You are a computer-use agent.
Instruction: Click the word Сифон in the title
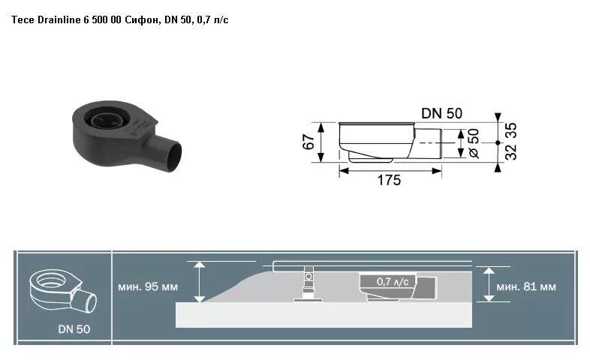point(139,18)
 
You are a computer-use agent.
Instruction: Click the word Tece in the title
point(21,18)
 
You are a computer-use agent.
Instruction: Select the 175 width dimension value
point(389,180)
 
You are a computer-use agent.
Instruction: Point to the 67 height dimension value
point(309,142)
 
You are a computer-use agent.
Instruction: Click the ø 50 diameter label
point(473,142)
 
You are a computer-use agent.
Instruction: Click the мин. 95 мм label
point(149,286)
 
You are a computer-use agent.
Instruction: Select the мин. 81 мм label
point(527,286)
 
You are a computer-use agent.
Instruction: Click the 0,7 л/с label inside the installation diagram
point(393,281)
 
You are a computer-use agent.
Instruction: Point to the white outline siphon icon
point(62,290)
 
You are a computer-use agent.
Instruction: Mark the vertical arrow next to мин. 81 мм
point(489,283)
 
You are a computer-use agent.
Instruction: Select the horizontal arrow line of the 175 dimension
point(389,170)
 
